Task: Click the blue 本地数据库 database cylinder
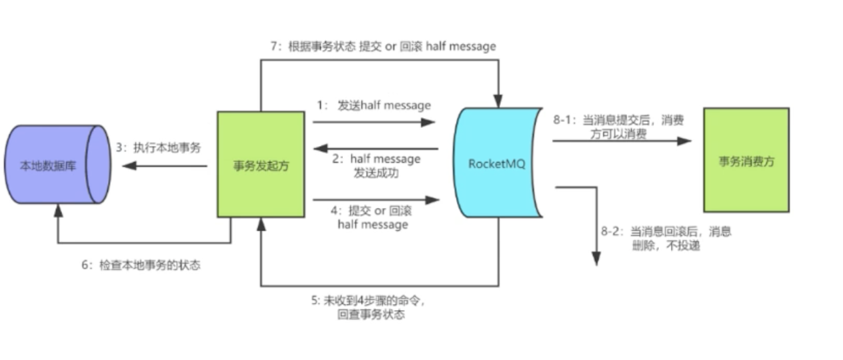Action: point(57,164)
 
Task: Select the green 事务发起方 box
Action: point(261,164)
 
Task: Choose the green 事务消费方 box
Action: point(746,161)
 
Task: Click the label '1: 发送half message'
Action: point(374,105)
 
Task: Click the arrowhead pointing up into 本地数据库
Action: point(58,210)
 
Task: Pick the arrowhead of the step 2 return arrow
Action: point(319,148)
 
